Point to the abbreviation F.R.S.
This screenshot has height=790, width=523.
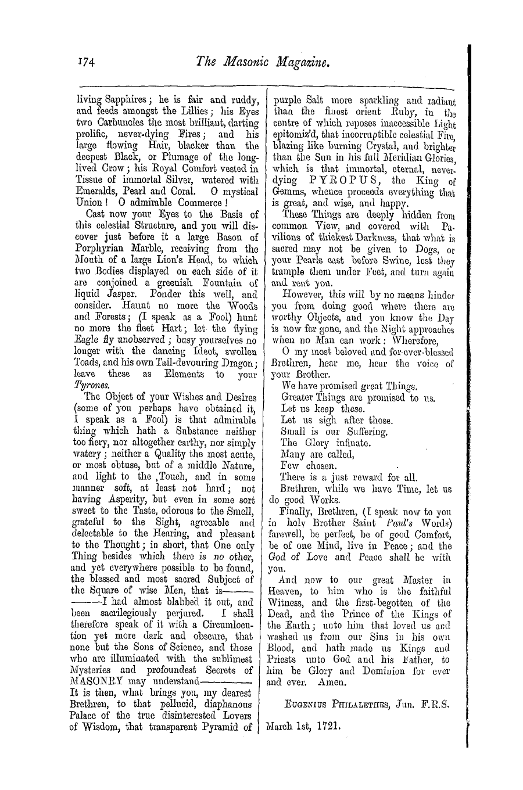click(x=436, y=705)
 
